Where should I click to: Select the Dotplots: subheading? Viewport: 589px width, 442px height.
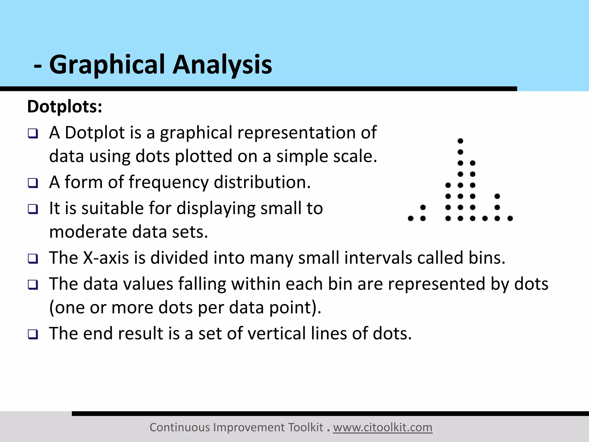[x=65, y=107]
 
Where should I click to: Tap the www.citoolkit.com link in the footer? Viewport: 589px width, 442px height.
[x=383, y=428]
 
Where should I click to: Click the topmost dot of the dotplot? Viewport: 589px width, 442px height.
[x=460, y=141]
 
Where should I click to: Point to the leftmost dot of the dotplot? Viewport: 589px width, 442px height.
[x=411, y=219]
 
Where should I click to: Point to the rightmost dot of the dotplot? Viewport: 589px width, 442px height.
[x=510, y=219]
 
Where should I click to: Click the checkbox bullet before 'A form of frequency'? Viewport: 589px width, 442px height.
[x=33, y=183]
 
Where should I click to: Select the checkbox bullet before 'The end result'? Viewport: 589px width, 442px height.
[x=33, y=334]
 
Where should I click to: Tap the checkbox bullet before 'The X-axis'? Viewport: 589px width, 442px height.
[x=33, y=258]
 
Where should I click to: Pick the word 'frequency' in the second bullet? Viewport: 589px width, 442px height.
[x=169, y=182]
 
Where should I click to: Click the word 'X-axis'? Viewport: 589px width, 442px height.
[x=106, y=258]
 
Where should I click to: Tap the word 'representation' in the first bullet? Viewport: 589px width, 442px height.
[x=292, y=133]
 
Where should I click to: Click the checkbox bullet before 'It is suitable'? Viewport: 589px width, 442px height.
[x=33, y=209]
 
